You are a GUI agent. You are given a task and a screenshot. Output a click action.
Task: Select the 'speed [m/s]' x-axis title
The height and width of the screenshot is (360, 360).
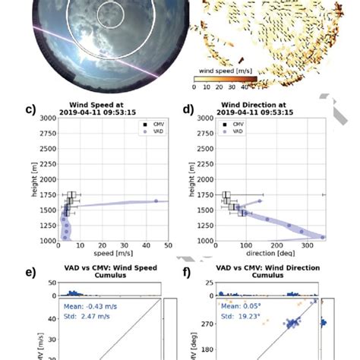113,254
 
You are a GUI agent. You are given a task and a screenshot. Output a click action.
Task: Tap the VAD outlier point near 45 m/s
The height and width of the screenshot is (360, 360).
156,201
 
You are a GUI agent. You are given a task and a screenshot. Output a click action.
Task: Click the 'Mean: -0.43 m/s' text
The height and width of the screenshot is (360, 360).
89,307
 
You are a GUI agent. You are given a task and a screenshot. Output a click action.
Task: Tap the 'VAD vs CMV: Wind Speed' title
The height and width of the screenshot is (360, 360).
113,268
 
